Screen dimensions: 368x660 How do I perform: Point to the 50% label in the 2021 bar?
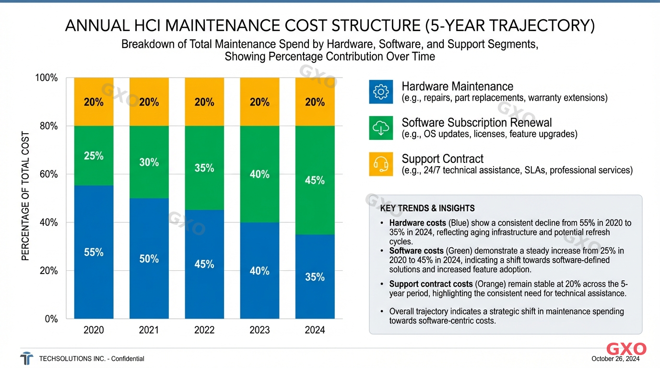pyautogui.click(x=149, y=259)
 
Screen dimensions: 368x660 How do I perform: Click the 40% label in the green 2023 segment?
pyautogui.click(x=259, y=174)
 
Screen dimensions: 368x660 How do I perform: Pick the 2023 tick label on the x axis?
pyautogui.click(x=259, y=330)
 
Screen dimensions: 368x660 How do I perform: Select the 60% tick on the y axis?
pyautogui.click(x=47, y=174)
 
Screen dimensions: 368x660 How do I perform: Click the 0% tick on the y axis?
pyautogui.click(x=51, y=319)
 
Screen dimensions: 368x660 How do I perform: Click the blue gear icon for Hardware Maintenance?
pyautogui.click(x=381, y=92)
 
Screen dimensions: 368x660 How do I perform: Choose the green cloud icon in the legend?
pyautogui.click(x=381, y=128)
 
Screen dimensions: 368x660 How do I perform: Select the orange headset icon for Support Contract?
pyautogui.click(x=381, y=164)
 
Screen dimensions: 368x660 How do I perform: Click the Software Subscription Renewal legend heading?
pyautogui.click(x=476, y=123)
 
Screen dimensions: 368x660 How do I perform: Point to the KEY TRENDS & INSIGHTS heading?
pyautogui.click(x=427, y=208)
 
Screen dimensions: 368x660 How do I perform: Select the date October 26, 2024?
pyautogui.click(x=615, y=359)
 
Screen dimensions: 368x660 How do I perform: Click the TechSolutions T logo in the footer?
pyautogui.click(x=27, y=358)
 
